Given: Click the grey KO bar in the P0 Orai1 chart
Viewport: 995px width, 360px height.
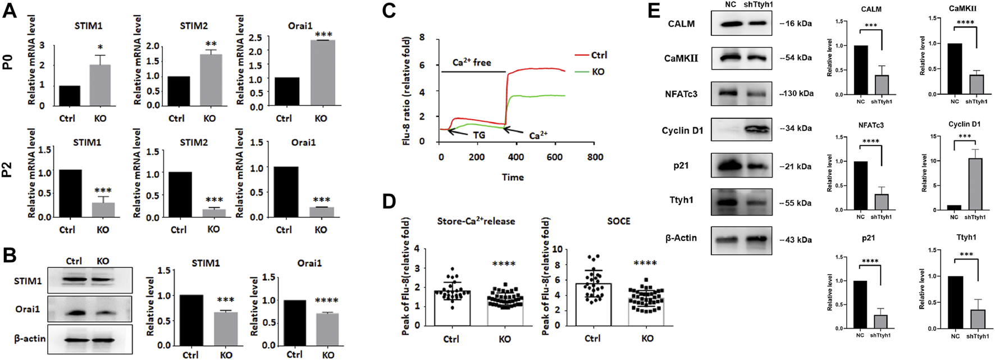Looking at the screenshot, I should click(x=323, y=73).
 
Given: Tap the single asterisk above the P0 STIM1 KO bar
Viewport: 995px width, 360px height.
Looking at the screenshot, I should click(x=101, y=47).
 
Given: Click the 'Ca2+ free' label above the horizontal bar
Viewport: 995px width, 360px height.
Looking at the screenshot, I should click(x=472, y=62).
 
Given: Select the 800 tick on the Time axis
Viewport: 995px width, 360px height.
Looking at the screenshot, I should click(x=595, y=157).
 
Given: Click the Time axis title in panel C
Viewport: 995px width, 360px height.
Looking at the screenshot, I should click(x=513, y=177).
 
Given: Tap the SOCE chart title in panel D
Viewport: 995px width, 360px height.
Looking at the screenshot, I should click(x=618, y=221).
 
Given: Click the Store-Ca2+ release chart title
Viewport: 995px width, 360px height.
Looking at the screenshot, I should click(x=476, y=221).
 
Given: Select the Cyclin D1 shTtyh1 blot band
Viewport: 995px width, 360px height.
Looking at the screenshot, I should click(x=758, y=130).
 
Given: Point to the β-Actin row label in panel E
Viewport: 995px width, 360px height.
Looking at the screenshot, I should click(x=681, y=238).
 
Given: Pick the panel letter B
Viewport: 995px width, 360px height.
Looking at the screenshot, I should click(x=10, y=256).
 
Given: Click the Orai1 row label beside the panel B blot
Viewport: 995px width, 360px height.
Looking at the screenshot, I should click(x=28, y=309).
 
